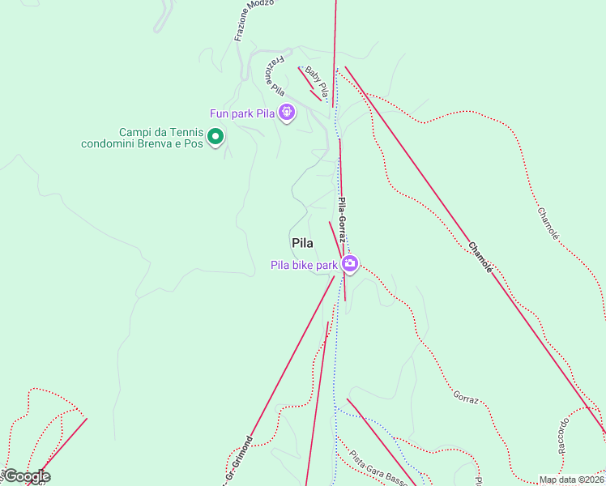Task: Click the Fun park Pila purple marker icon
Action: click(x=286, y=113)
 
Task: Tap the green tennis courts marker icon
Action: click(x=215, y=138)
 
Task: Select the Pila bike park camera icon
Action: click(x=349, y=263)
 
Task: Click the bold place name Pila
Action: click(x=301, y=242)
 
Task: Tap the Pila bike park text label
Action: click(x=304, y=265)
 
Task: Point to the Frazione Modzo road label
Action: click(x=254, y=19)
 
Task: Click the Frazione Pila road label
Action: click(x=271, y=77)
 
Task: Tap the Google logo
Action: click(x=26, y=476)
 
